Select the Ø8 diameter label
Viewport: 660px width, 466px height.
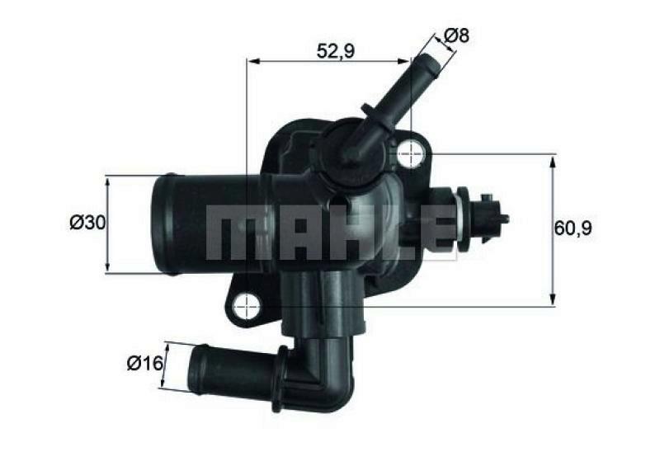pos(456,35)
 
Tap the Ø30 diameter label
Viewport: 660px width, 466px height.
pos(87,222)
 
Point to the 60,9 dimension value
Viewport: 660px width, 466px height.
pos(573,228)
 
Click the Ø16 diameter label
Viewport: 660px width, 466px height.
pos(143,363)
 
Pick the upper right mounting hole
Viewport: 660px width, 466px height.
pos(410,153)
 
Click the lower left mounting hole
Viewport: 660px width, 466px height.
pos(245,307)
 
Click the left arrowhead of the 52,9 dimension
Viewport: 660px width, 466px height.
pos(251,60)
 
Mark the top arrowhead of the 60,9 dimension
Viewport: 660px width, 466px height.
pos(551,158)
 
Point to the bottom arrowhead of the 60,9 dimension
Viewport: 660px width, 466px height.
pos(551,302)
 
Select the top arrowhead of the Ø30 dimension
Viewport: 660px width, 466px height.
pos(107,179)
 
